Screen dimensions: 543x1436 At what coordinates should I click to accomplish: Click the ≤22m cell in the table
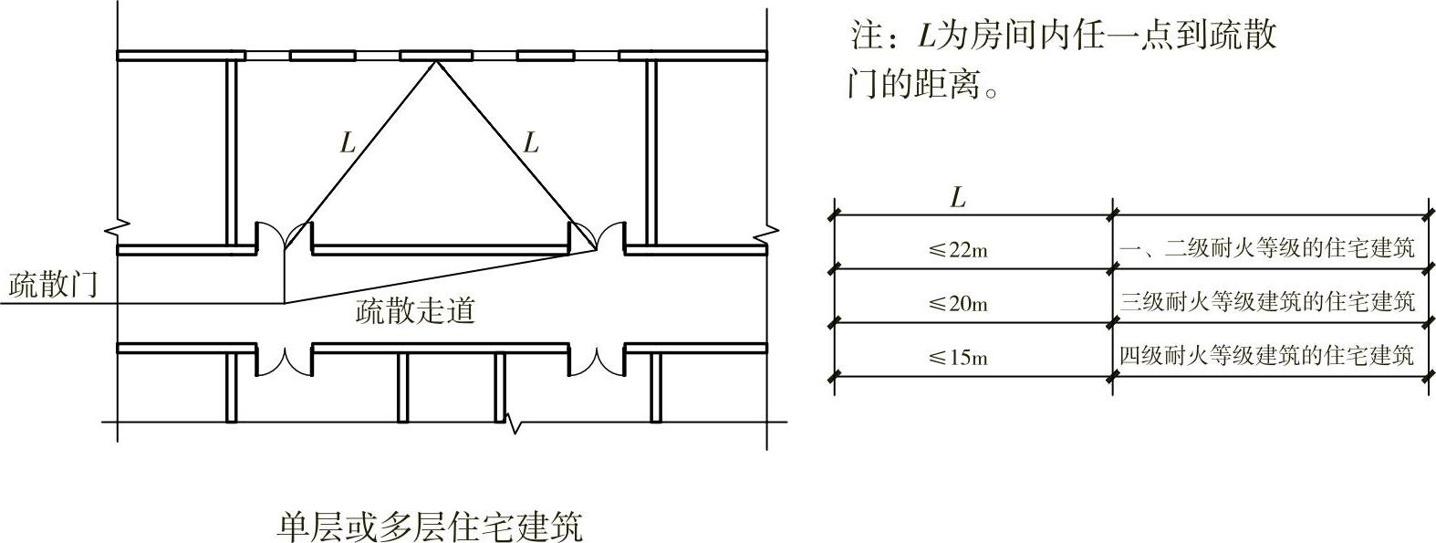coord(958,250)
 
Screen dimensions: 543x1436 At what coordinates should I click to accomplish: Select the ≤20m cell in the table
coord(958,303)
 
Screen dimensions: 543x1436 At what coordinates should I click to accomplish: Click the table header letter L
coord(957,198)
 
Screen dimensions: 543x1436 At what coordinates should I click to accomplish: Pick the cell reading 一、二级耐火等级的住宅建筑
coord(1266,248)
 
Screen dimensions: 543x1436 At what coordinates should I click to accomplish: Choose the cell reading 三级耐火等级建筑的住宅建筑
coord(1268,301)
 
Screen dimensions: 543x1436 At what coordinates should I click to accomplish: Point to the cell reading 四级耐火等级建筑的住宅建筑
coord(1267,355)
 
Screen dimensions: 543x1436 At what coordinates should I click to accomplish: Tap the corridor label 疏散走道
coord(415,312)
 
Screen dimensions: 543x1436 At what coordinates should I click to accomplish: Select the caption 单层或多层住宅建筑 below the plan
coord(429,527)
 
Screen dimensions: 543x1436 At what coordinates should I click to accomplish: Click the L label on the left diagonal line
coord(347,142)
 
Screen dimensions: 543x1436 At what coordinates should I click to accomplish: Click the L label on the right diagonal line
coord(530,142)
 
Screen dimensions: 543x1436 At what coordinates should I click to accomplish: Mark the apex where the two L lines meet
coord(437,61)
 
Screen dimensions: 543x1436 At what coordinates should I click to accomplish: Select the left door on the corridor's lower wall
coord(284,362)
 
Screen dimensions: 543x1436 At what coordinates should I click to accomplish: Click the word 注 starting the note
coord(864,36)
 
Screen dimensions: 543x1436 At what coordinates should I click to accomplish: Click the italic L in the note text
coord(926,36)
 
